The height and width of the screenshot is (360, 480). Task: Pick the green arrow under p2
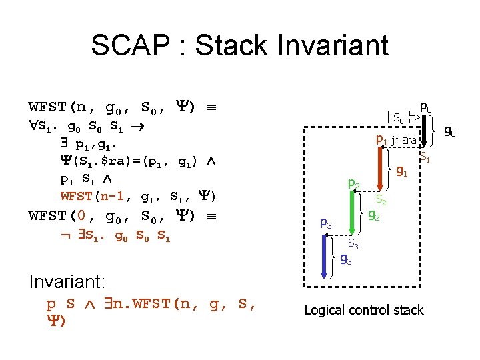tap(353, 213)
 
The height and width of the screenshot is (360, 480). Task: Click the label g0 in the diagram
tap(450, 132)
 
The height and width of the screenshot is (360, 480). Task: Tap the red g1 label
tap(402, 172)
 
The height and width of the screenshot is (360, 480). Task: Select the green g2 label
tap(375, 215)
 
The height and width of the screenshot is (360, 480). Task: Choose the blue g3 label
tap(346, 258)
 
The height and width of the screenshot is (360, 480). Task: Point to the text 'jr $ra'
tap(404, 141)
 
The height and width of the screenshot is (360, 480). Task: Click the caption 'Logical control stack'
tap(363, 310)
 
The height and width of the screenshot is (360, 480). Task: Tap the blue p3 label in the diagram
tap(326, 223)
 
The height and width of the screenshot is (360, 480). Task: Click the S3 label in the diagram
tap(354, 245)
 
